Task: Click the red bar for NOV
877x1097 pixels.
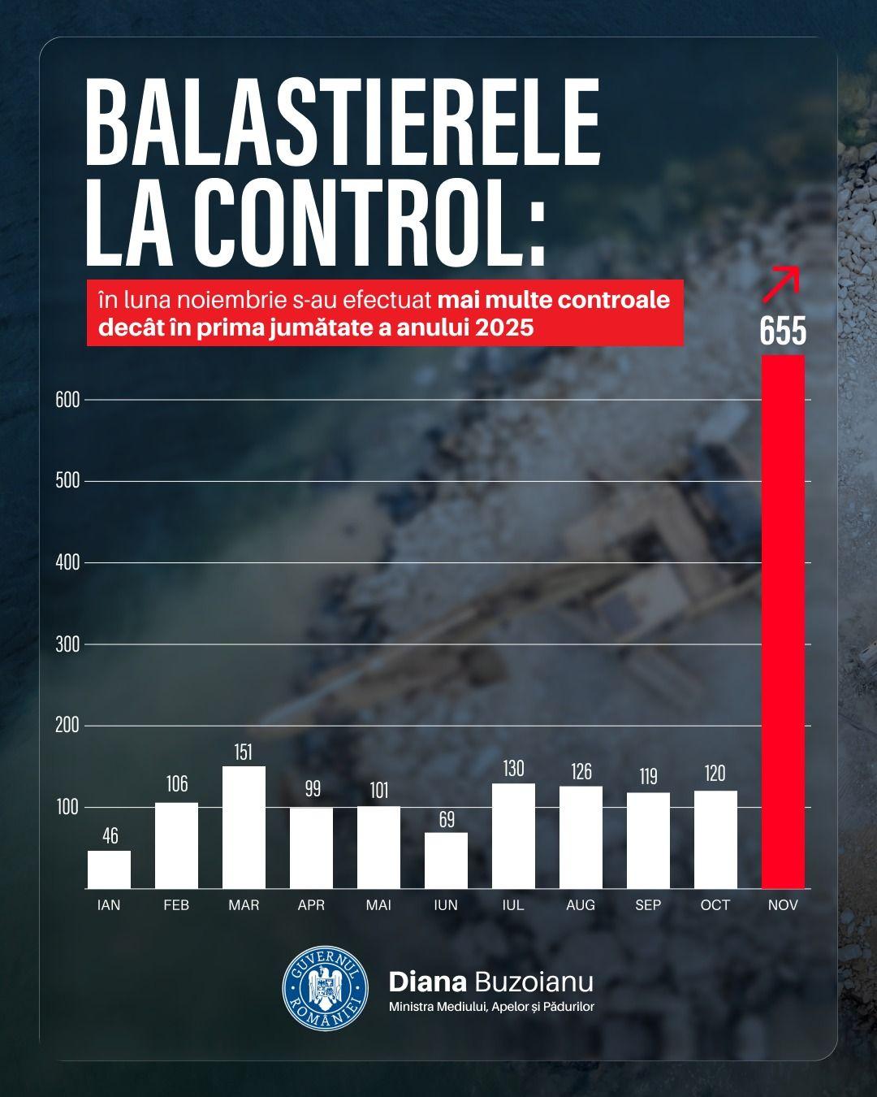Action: coord(784,622)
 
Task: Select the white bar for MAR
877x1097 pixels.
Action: coord(244,827)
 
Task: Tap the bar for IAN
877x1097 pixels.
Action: coord(109,869)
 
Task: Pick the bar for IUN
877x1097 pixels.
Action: coord(446,860)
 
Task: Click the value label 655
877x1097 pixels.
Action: coord(784,332)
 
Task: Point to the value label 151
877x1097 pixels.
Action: coord(244,752)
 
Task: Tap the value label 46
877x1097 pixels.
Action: coord(109,836)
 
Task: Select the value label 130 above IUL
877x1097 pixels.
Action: coord(513,769)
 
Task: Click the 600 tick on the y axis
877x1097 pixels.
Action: coord(67,400)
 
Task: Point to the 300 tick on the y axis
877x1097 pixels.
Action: coord(67,644)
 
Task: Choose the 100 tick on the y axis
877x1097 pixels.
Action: coord(67,807)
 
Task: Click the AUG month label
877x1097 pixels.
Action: coord(581,905)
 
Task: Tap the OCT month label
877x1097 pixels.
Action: coord(715,905)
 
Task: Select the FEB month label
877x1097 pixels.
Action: coord(176,905)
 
